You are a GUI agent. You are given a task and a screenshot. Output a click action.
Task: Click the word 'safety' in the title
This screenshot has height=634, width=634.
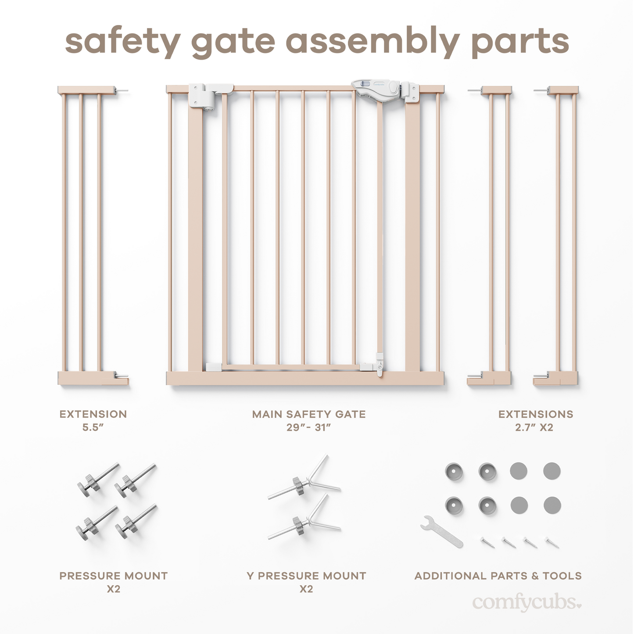coord(123,42)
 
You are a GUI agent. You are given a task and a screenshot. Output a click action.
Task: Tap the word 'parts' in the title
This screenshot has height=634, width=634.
coord(520,42)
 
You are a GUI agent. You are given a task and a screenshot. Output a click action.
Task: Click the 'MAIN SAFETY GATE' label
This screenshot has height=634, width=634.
coord(308,414)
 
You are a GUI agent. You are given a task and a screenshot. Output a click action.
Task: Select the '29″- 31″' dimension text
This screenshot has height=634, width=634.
coord(308,427)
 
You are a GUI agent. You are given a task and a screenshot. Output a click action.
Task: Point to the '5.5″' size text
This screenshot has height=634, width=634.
coord(93,427)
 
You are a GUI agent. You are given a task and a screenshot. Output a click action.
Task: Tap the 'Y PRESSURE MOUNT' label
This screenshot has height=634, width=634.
coord(306,576)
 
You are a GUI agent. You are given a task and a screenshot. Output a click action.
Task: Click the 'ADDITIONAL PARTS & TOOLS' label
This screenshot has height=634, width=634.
coord(498,576)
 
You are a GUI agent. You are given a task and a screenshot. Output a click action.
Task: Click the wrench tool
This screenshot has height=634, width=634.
coord(441,531)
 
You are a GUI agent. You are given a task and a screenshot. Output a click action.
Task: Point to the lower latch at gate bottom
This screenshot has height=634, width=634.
coord(379,364)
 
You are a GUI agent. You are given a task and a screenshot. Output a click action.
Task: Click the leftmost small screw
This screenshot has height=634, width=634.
coord(487,543)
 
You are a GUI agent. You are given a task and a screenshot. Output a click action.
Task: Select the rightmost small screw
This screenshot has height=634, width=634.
coord(552,543)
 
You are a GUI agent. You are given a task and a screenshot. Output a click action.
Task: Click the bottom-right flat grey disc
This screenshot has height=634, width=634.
coord(552,505)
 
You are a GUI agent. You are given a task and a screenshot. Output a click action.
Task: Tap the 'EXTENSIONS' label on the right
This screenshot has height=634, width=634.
coord(536,414)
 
